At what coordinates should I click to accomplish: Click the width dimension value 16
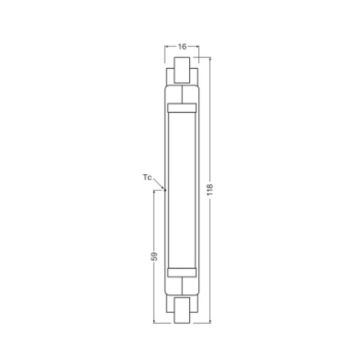coord(182,46)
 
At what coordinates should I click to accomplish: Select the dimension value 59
coord(154,255)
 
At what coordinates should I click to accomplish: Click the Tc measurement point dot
coord(165,189)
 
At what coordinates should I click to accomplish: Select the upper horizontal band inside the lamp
coord(182,108)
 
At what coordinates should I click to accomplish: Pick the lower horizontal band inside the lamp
coord(182,272)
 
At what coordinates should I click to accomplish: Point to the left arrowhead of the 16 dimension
coord(167,47)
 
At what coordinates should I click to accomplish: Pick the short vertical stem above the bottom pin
coord(182,286)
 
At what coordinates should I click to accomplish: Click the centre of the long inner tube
coord(182,190)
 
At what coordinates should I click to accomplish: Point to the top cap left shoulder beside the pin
coord(170,75)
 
